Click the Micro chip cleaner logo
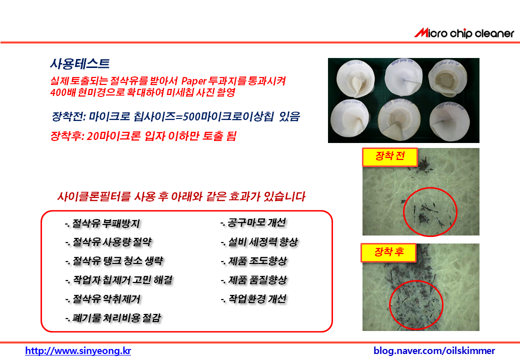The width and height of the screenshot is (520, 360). tap(464, 33)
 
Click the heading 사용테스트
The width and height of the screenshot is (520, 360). tap(80, 63)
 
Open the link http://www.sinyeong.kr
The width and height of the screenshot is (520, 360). tap(78, 350)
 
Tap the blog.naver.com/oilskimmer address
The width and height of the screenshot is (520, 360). tap(434, 350)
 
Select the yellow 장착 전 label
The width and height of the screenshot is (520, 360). tap(389, 157)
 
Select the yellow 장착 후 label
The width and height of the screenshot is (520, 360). tap(388, 252)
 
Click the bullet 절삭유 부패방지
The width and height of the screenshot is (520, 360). tap(102, 223)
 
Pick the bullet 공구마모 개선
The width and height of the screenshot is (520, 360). tap(252, 223)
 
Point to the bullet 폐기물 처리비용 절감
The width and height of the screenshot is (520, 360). tap(113, 318)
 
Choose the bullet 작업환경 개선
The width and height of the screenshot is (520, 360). tap(253, 299)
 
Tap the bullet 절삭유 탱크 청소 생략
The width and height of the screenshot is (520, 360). tap(114, 261)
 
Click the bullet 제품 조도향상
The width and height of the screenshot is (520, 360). tap(253, 261)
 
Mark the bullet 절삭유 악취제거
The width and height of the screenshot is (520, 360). tap(103, 299)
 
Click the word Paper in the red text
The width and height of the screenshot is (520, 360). tap(193, 81)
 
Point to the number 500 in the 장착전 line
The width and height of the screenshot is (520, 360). tap(192, 116)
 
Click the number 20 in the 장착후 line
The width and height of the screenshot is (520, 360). tap(92, 136)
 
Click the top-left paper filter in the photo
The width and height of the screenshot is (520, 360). tap(355, 79)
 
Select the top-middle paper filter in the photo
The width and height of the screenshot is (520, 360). tap(403, 77)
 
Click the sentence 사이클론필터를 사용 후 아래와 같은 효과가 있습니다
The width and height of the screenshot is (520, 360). tap(181, 196)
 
